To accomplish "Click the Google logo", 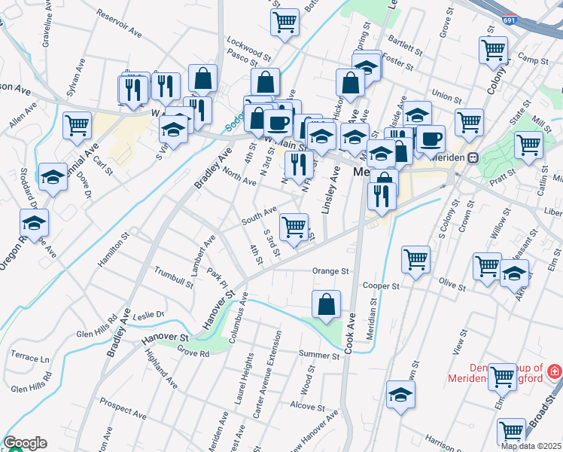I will [x=25, y=443].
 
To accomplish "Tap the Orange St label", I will [x=331, y=271].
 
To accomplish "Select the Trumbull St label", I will [x=173, y=276].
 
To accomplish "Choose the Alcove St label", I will [x=307, y=406].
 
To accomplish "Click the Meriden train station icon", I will [x=473, y=157].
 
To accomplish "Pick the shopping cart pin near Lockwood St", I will [x=285, y=22].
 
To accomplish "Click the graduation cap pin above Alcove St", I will [x=400, y=394].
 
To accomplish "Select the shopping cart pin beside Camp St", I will [x=493, y=50].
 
